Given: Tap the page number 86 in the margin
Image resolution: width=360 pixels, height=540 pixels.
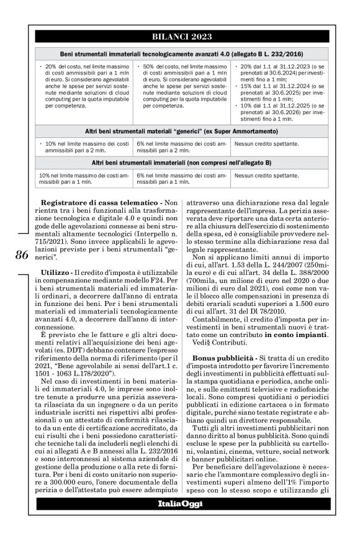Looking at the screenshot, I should pyautogui.click(x=20, y=255).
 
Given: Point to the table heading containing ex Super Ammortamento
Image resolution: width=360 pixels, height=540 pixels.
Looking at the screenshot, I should pyautogui.click(x=180, y=131).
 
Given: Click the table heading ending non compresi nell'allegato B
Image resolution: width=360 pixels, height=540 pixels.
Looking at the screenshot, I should pyautogui.click(x=180, y=163).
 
